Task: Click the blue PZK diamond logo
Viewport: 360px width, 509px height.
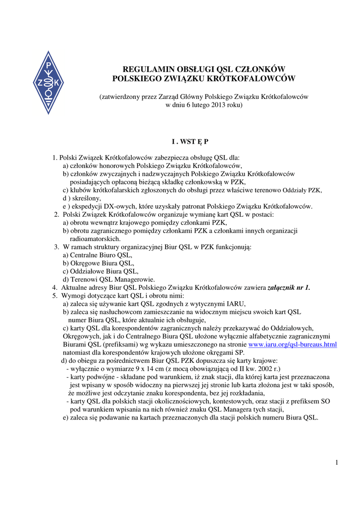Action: click(48, 83)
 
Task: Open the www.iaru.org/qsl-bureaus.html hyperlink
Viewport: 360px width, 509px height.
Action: click(292, 344)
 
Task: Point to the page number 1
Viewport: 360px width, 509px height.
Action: click(337, 463)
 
